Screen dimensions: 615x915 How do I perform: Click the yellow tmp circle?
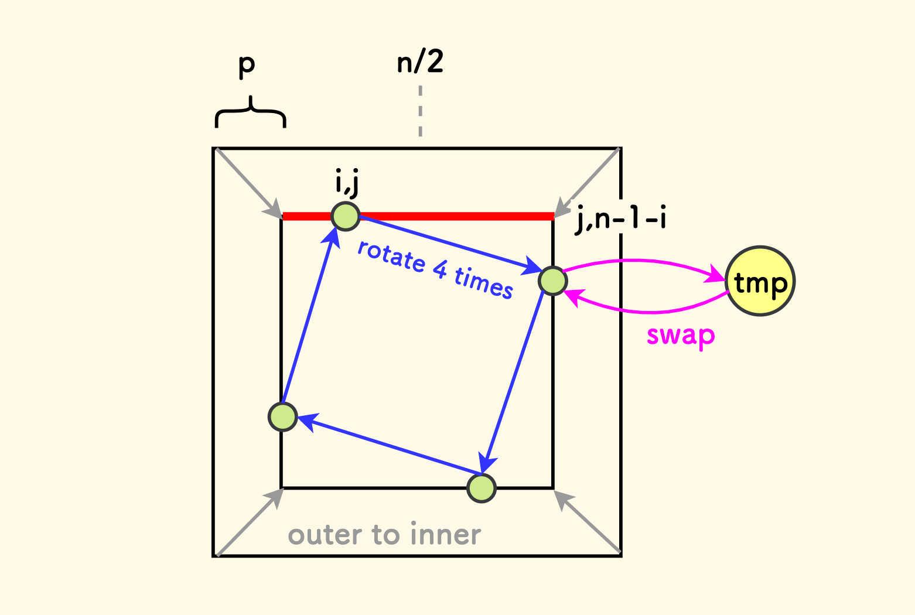pos(760,282)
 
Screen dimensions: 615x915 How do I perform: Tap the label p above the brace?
pos(247,64)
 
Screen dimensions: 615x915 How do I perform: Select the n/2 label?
pos(420,61)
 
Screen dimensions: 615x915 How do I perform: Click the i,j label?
pos(347,182)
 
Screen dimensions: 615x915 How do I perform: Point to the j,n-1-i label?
pos(621,220)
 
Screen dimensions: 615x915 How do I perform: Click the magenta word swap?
pos(681,336)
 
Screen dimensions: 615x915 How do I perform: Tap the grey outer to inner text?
pos(384,535)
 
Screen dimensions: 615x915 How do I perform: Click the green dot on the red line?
pos(346,217)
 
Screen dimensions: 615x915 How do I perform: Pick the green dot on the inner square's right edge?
pos(552,281)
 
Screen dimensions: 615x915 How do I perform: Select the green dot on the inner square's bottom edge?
pos(482,488)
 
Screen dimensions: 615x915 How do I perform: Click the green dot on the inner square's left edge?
pos(283,417)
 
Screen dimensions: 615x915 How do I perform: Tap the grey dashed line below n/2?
pos(420,111)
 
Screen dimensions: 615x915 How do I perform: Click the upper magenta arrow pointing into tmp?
pos(644,262)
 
